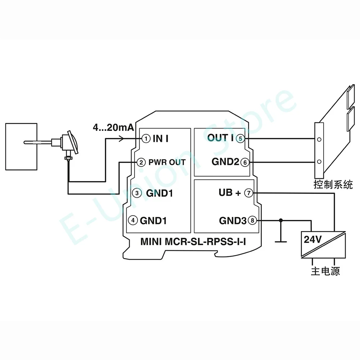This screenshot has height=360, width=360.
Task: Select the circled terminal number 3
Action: [137, 193]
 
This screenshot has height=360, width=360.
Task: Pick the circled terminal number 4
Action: [133, 220]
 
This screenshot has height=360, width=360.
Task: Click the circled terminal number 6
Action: [245, 162]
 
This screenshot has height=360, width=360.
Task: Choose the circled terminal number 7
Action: [249, 193]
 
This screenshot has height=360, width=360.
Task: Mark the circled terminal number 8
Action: [253, 220]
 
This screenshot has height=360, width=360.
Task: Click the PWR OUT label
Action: [167, 162]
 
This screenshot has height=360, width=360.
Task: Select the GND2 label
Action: [225, 162]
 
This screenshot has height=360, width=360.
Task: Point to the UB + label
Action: [230, 193]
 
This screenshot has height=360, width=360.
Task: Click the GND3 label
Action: [233, 220]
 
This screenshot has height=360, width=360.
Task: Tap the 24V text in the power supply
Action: [312, 239]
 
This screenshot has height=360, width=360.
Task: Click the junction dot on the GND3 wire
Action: [281, 220]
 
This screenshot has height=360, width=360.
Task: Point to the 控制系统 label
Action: [333, 185]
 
